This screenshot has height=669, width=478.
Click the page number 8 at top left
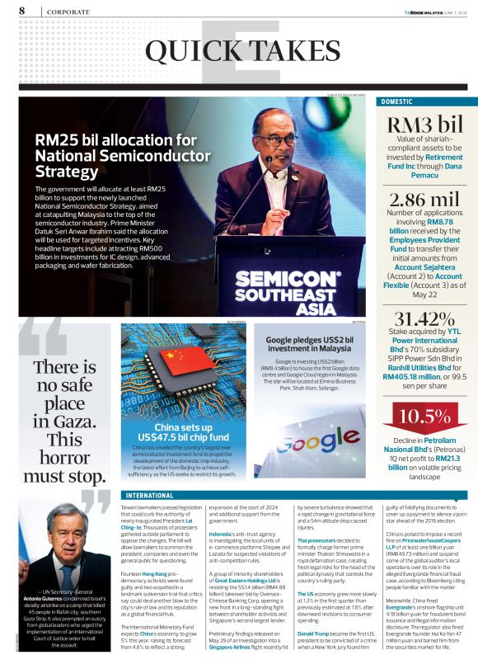pyautogui.click(x=21, y=11)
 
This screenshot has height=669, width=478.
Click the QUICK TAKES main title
pyautogui.click(x=239, y=52)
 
